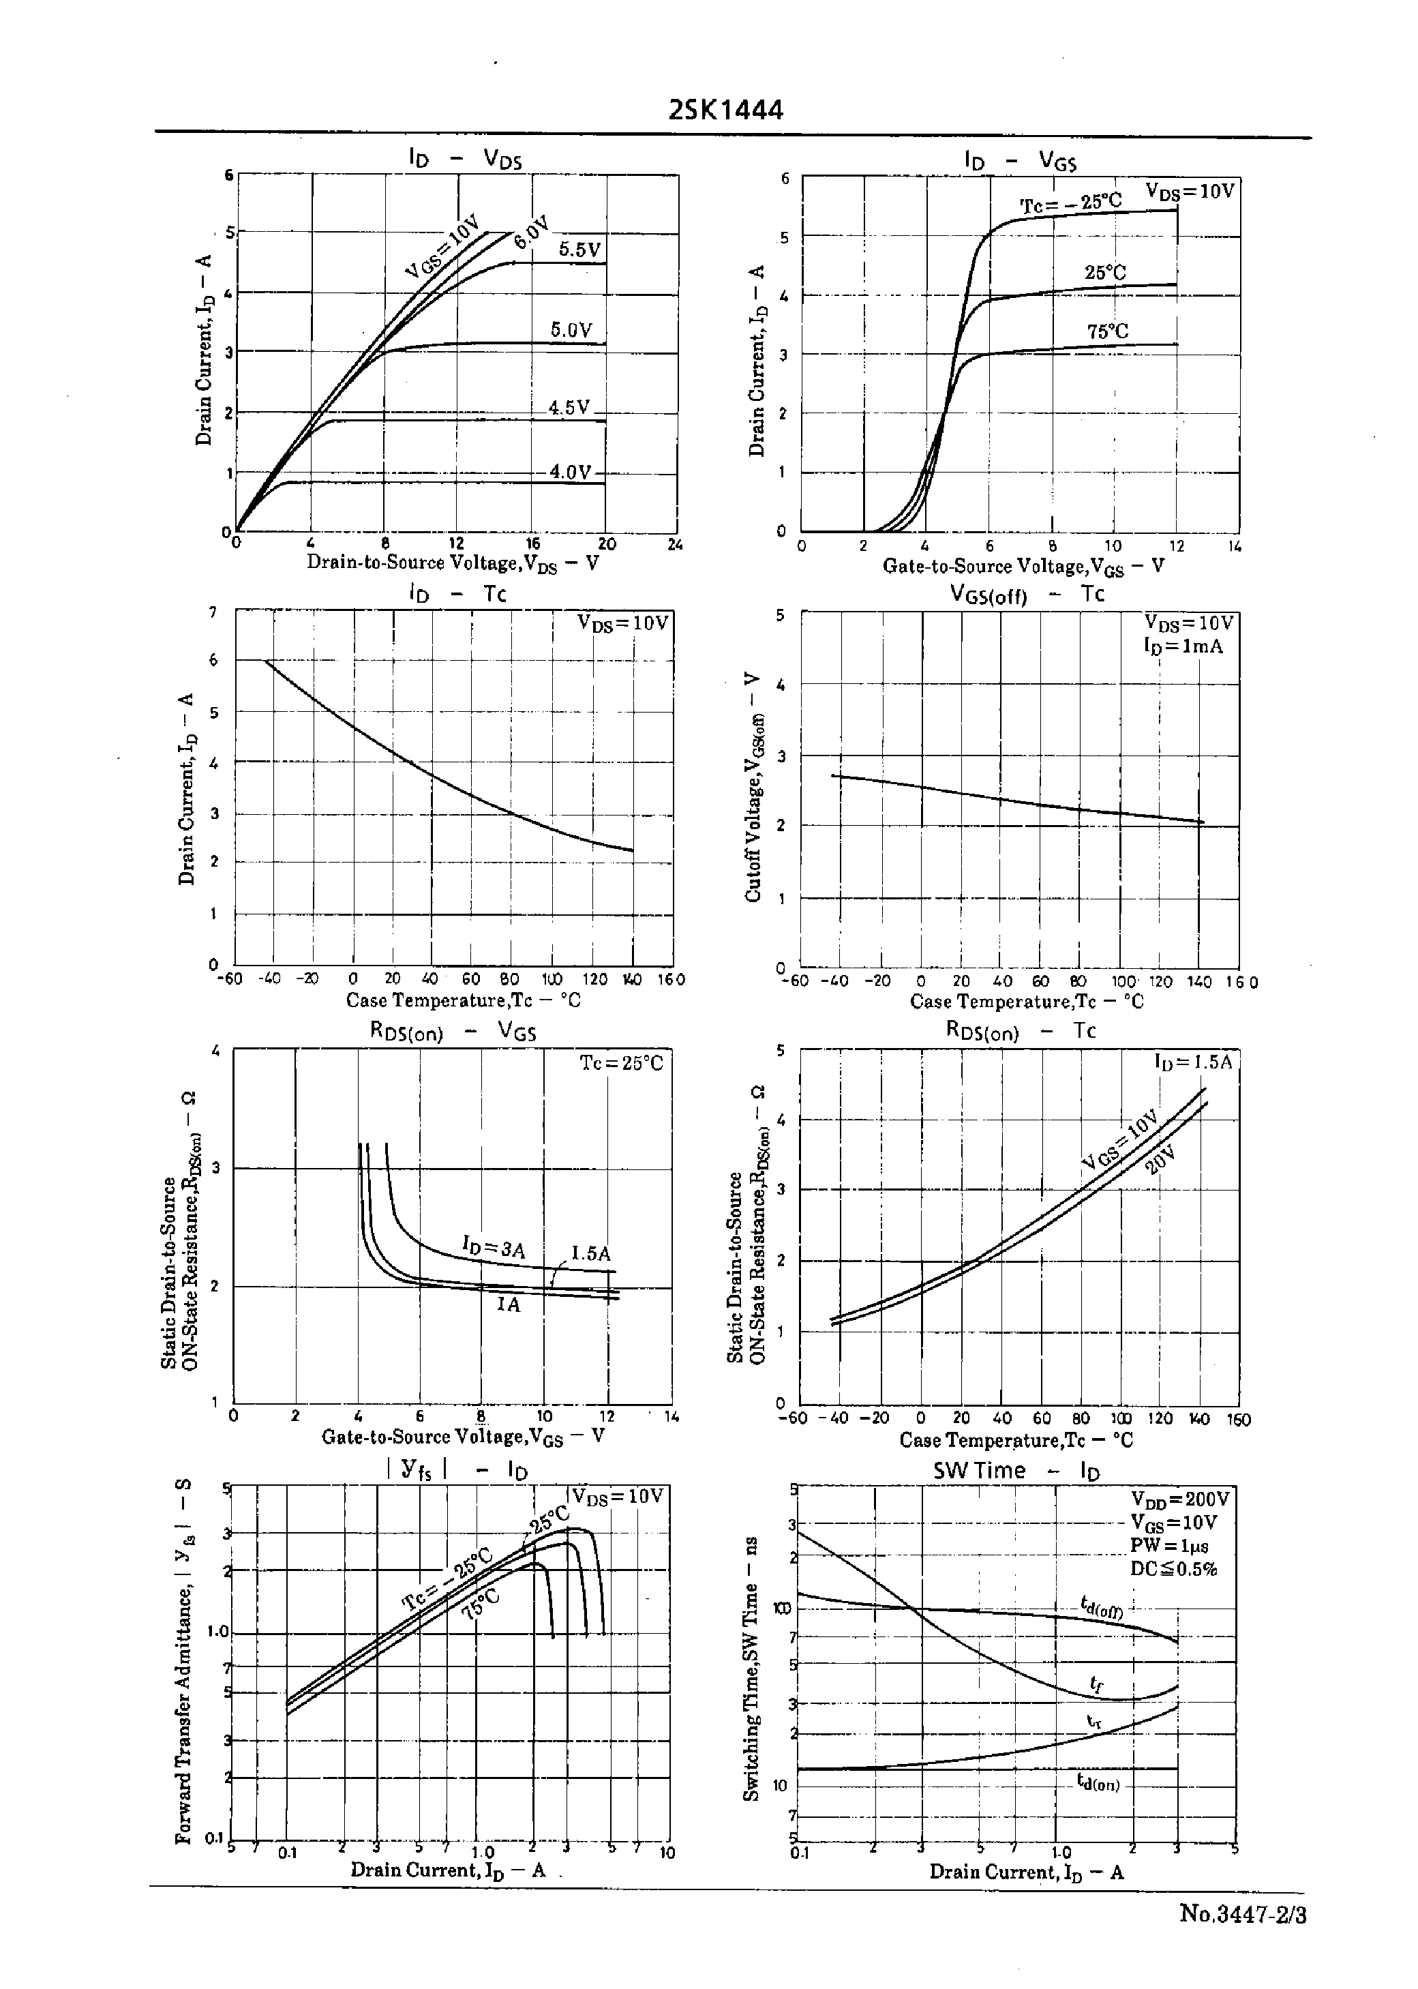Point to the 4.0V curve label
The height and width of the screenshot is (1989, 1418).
[x=570, y=473]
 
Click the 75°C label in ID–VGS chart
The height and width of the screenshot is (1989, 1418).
[x=1107, y=332]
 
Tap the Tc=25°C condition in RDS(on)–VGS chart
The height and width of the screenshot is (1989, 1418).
[x=622, y=1064]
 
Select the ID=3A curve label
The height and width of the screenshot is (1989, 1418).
[x=494, y=1247]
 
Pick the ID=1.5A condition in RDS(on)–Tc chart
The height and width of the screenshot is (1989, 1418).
[x=1192, y=1062]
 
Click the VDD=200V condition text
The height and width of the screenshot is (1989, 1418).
[x=1179, y=1499]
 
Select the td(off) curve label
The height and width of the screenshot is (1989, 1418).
[x=1100, y=1605]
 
